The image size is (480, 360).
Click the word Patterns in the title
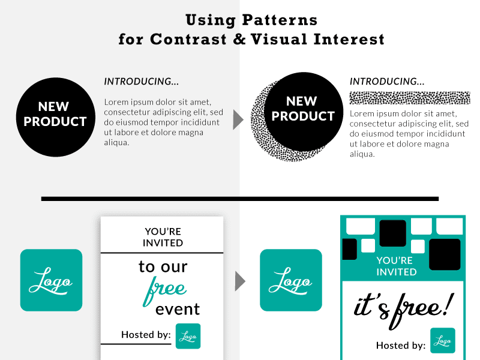[x=280, y=20]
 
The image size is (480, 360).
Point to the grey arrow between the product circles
[x=238, y=120]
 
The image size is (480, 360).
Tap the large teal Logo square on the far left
[x=51, y=280]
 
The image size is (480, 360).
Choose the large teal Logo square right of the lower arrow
[x=290, y=280]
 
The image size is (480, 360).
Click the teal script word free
[x=164, y=289]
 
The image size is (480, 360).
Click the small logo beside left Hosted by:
[x=188, y=336]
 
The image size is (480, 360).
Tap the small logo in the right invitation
[x=443, y=340]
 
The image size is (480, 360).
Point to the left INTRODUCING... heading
[x=142, y=81]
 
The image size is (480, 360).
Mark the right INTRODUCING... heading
[x=387, y=81]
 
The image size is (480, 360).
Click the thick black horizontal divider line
[x=240, y=199]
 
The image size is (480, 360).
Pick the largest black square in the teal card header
[x=445, y=254]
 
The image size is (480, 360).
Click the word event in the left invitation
[x=178, y=310]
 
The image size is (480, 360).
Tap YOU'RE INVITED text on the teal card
[x=396, y=266]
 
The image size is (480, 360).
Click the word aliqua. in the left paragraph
[x=117, y=142]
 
